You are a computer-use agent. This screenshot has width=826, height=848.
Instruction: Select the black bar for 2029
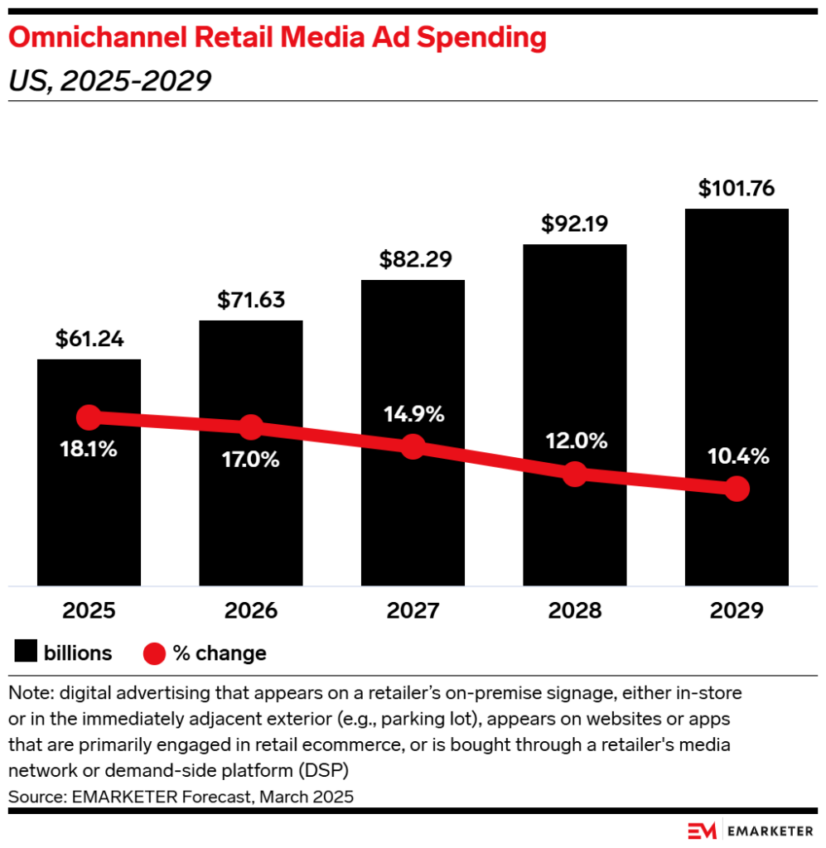point(737,348)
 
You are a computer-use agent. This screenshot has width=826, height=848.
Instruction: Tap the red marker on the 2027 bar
point(413,447)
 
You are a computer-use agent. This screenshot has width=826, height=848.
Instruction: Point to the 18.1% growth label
point(89,450)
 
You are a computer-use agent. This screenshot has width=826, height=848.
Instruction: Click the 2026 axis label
point(251,611)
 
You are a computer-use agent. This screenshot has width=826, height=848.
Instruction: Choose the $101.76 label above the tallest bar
point(737,188)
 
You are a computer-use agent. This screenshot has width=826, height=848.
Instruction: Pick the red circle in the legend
point(155,653)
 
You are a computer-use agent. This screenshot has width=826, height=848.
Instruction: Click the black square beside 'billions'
point(27,653)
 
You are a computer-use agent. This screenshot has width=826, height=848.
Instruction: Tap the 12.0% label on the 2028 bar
point(574,440)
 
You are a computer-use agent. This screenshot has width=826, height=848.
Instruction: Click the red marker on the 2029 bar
point(737,489)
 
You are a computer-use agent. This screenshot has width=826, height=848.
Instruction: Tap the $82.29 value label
point(413,259)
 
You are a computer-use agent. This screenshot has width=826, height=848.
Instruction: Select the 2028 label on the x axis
point(574,611)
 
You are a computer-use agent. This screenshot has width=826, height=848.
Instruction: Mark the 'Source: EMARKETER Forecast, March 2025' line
point(181,797)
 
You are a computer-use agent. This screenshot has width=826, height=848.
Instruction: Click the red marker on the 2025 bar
point(89,417)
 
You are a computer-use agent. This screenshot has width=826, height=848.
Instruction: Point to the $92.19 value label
point(574,224)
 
